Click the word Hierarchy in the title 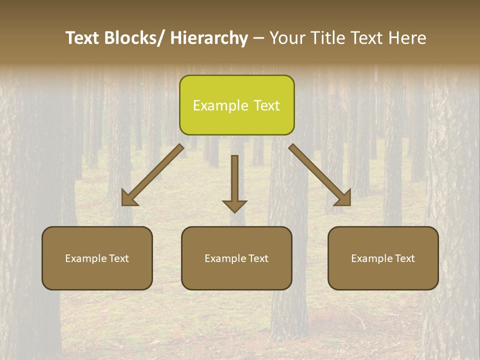point(209,38)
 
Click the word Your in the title point(286,38)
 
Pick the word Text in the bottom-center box point(258,258)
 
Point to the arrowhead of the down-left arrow point(129,198)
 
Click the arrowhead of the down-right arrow point(343,198)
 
